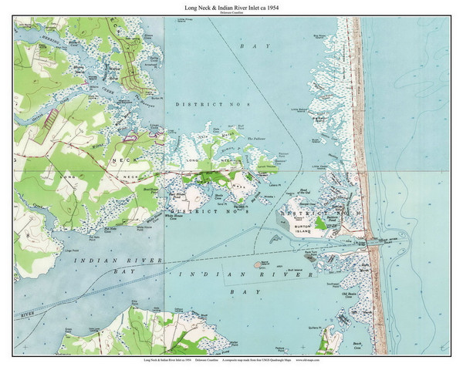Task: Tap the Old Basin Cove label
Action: pyautogui.click(x=353, y=295)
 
